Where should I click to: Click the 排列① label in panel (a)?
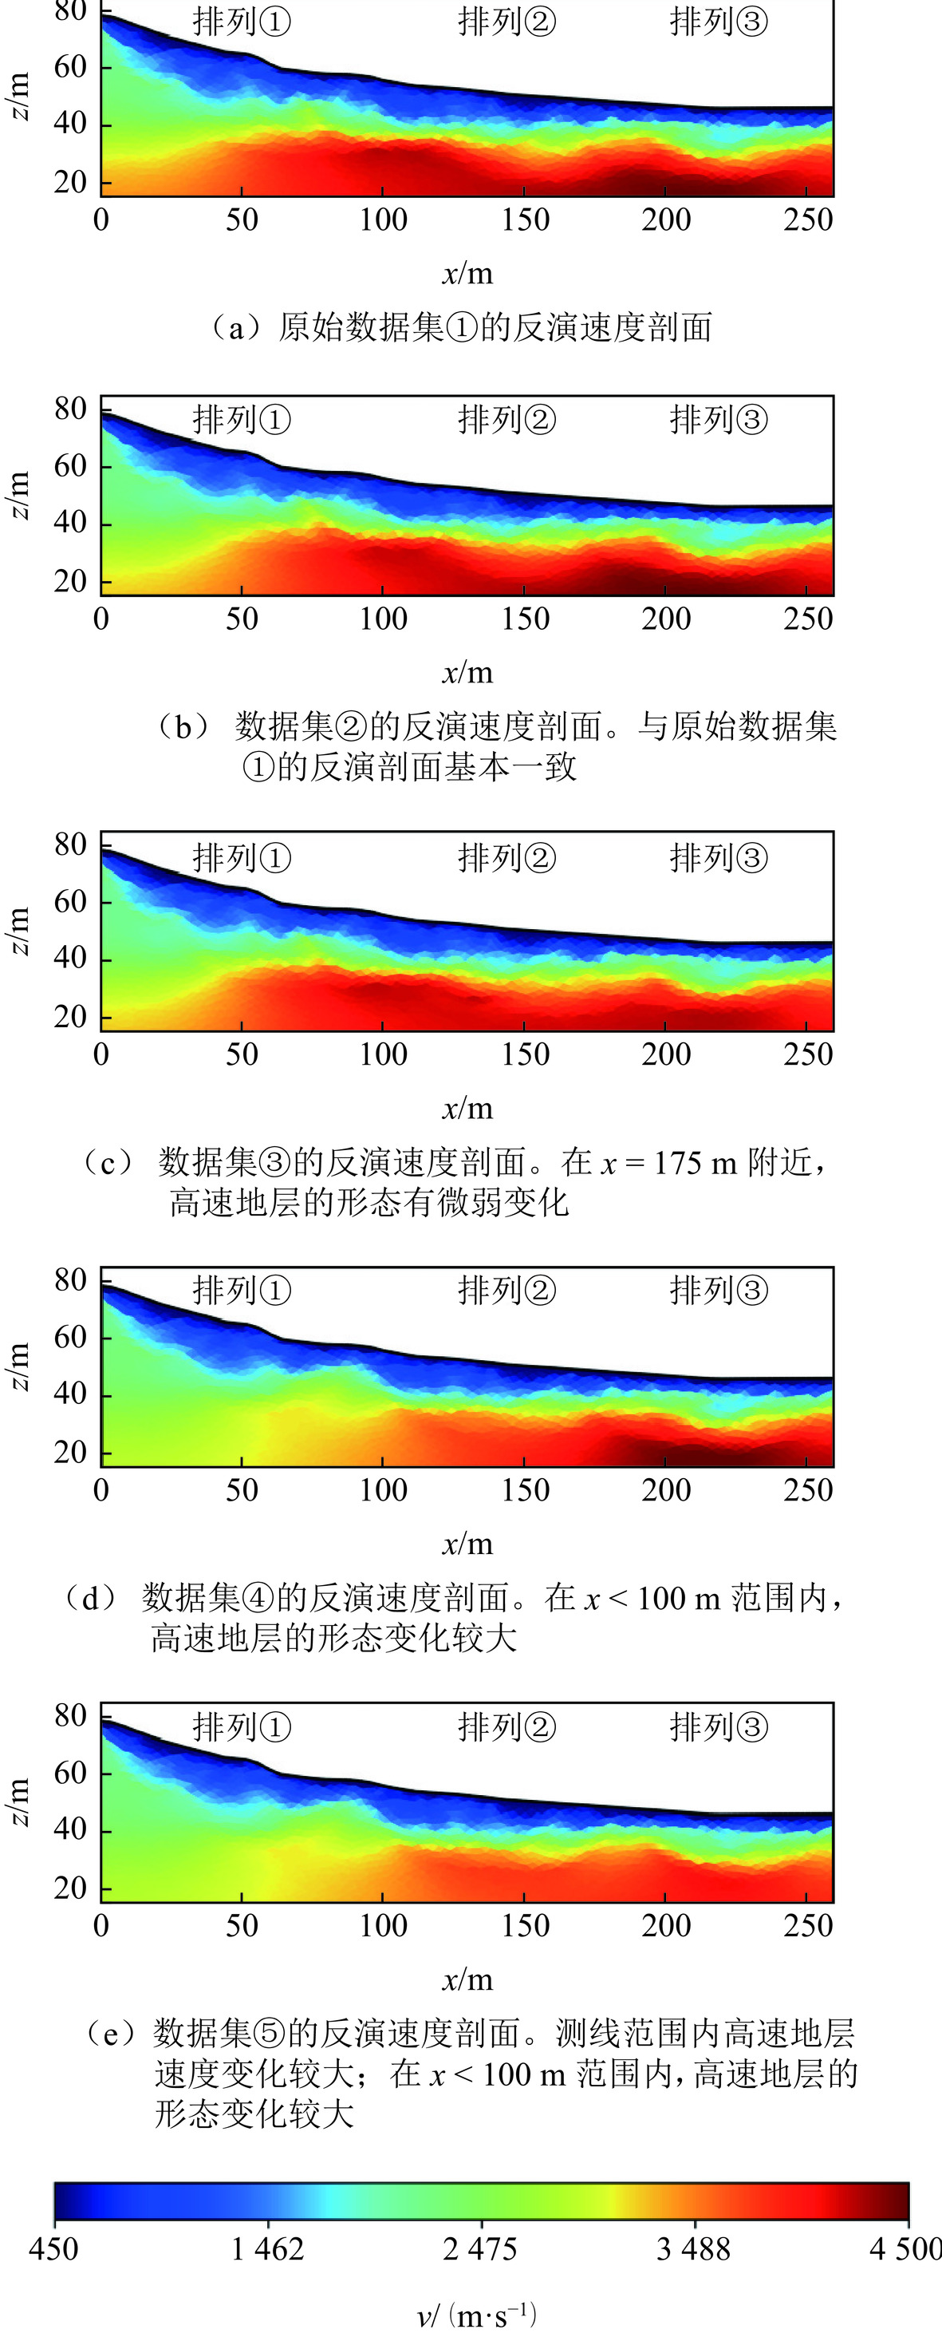coord(241,22)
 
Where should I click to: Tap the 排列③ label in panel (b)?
coord(718,420)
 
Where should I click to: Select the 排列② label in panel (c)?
coord(506,857)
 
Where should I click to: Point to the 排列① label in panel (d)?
coord(241,1290)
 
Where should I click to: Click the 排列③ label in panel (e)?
coord(718,1726)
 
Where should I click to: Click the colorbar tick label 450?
coord(53,2249)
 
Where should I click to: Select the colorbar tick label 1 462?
coord(267,2249)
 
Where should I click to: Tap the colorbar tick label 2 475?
coord(480,2249)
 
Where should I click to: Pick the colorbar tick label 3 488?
coord(694,2249)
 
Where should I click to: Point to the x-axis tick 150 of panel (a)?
coord(525,220)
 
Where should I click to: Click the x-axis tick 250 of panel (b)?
coord(808,619)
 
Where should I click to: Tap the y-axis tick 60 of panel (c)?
coord(70,902)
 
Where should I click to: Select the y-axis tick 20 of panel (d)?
coord(70,1453)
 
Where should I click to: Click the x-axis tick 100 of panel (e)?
coord(383,1925)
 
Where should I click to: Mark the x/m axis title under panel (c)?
coord(468,1108)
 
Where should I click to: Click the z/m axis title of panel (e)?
coord(20,1801)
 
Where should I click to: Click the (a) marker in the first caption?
coord(233,327)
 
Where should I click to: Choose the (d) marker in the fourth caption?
coord(91,1598)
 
